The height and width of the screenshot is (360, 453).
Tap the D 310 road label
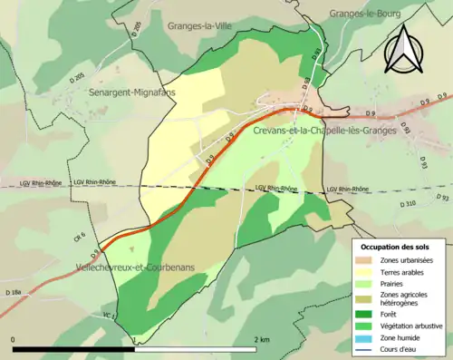[405, 203]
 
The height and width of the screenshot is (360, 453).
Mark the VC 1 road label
[108, 315]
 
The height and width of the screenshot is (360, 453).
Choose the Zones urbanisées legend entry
[407, 261]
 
